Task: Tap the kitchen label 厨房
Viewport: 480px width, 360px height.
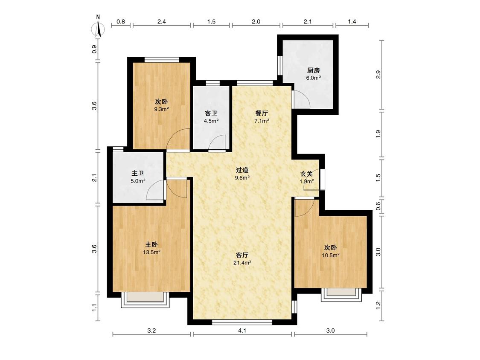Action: [x=314, y=70]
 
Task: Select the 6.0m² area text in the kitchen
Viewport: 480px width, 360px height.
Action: [x=314, y=78]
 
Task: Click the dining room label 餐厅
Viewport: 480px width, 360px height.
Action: [x=262, y=113]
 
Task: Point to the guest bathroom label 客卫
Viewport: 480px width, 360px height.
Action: [x=211, y=113]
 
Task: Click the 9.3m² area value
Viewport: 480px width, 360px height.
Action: [x=162, y=109]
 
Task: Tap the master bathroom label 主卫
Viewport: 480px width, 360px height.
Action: [x=138, y=173]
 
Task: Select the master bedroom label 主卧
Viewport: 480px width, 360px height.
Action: [x=151, y=244]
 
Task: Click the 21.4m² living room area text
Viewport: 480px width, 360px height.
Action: [x=242, y=263]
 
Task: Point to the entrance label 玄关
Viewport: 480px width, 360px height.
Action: [x=306, y=174]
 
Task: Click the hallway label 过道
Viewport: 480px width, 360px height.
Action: [x=242, y=170]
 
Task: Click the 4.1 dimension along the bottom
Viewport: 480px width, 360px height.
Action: [x=242, y=331]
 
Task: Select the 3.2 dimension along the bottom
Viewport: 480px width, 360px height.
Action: [x=151, y=331]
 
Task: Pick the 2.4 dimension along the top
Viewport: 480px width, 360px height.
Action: [x=161, y=21]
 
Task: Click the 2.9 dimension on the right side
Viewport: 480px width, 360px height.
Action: [x=378, y=75]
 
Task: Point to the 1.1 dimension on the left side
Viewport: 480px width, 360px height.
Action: [x=95, y=307]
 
